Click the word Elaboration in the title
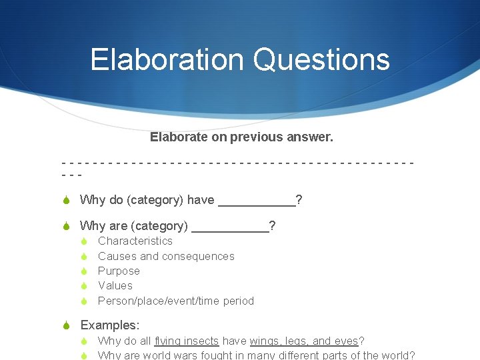(x=168, y=59)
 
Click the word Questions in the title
(x=321, y=59)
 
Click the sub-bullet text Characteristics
(x=135, y=241)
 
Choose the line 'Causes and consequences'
(x=166, y=256)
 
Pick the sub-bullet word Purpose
(x=119, y=271)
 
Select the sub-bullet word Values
(x=115, y=285)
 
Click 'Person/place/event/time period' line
(x=176, y=301)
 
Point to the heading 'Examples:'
(x=110, y=325)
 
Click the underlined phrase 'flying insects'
(x=184, y=341)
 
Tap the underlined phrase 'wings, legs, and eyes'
(x=304, y=341)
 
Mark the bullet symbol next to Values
(x=85, y=286)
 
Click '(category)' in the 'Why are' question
(x=160, y=226)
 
